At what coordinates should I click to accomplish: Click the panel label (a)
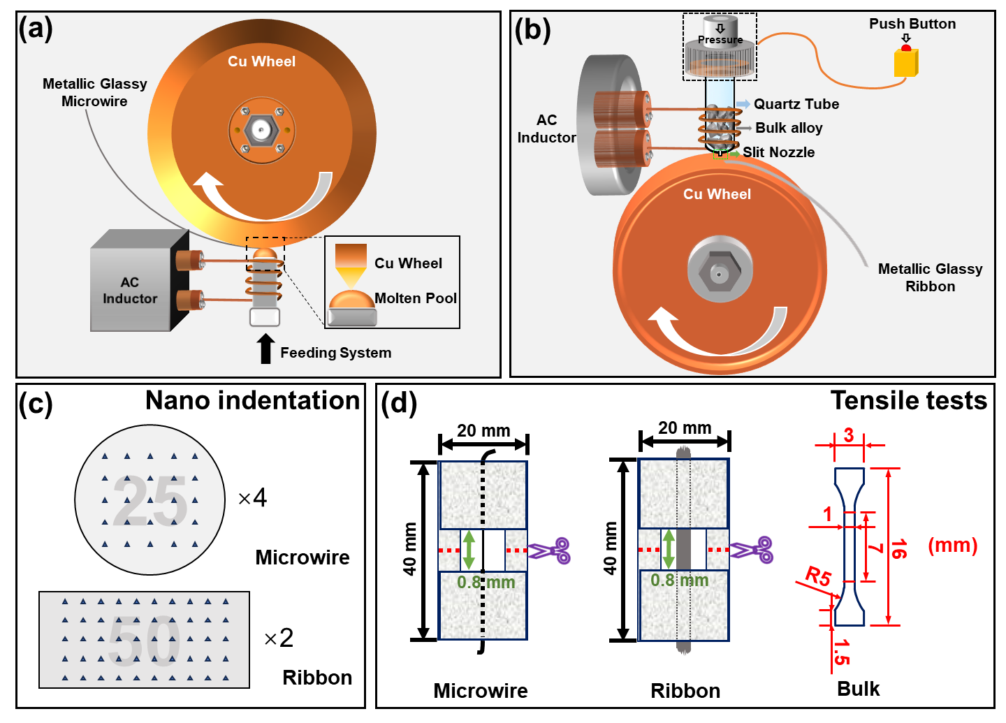coord(36,29)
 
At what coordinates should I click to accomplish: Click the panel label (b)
coord(532,30)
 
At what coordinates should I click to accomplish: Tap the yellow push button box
coord(905,62)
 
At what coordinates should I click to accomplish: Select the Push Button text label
coord(912,24)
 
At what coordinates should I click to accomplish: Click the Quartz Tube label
coord(796,104)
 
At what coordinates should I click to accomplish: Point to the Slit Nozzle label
coord(778,152)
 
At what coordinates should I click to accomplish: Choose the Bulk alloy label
coord(789,128)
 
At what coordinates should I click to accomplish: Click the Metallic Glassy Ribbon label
coord(930,277)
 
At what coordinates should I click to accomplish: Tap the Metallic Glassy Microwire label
coord(95,92)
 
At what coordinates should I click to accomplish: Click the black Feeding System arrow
coord(265,349)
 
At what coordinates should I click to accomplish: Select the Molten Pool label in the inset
coord(415,298)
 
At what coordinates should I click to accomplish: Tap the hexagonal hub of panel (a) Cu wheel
coord(262,130)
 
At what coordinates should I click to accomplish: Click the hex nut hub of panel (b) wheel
coord(720,272)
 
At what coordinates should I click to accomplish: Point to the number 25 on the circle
coord(150,500)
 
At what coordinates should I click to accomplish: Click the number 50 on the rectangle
coord(144,640)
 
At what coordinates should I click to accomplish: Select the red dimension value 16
coord(898,548)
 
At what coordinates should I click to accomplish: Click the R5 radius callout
coord(818,576)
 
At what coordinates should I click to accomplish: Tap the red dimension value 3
coord(848,435)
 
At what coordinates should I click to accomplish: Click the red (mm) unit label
coord(952,546)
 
